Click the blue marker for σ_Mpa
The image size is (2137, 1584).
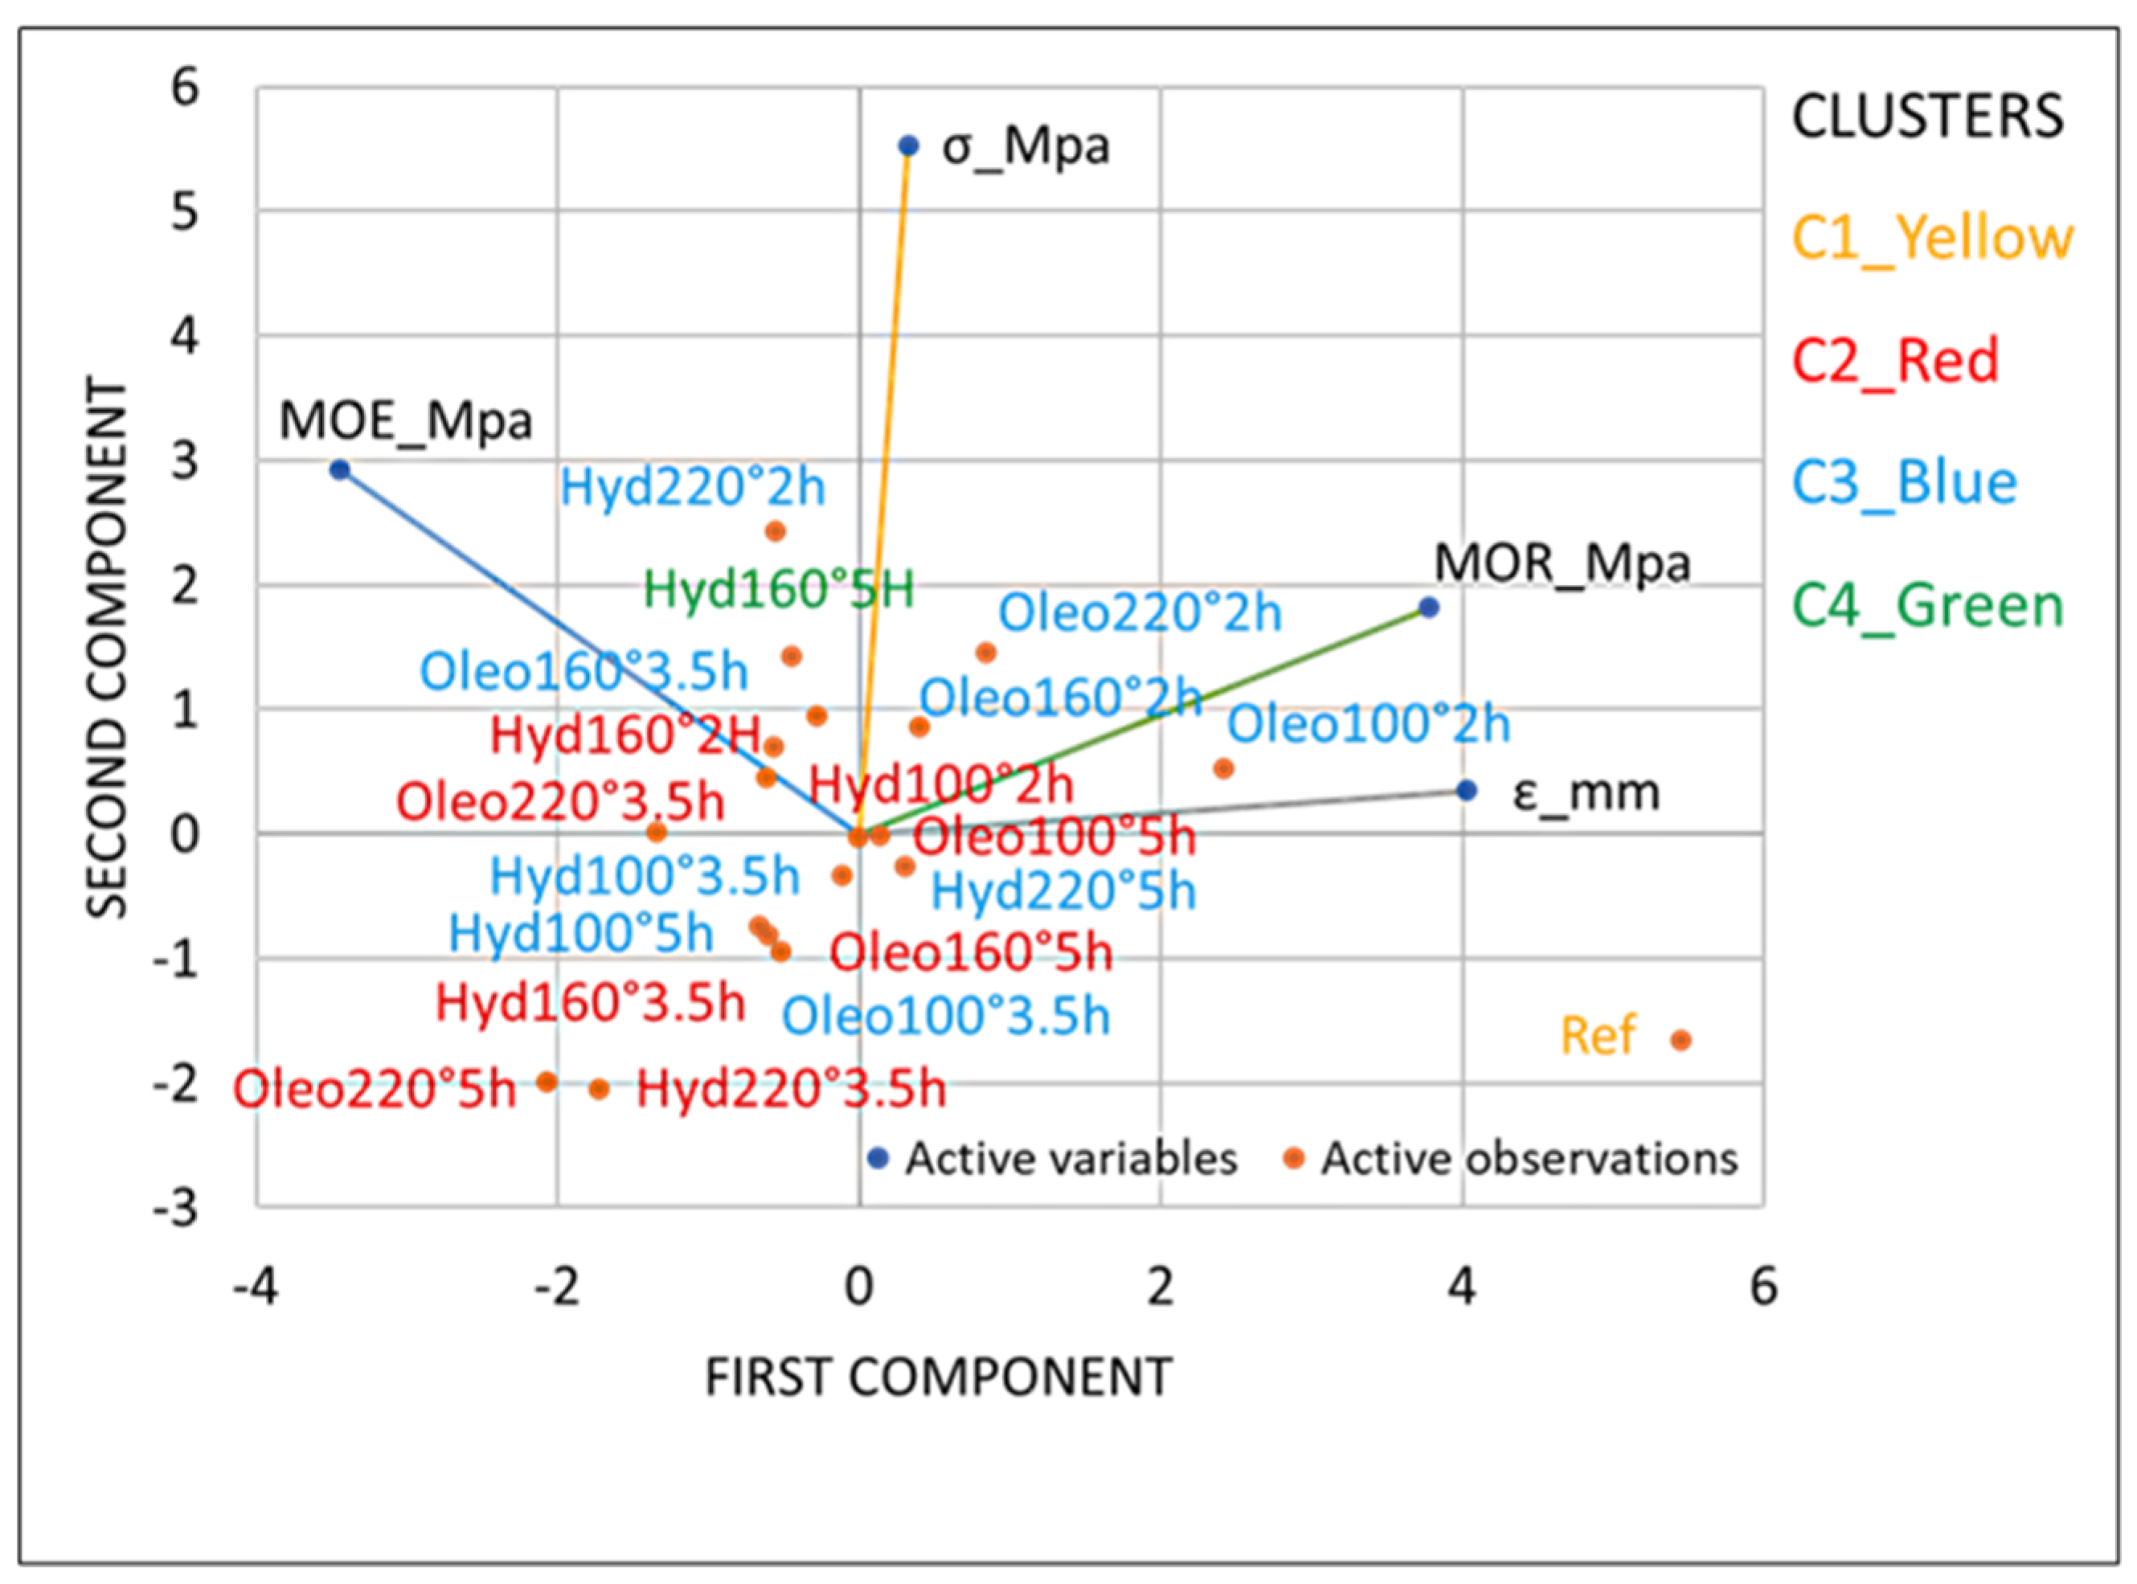click(908, 145)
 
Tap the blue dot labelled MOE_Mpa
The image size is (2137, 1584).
click(339, 470)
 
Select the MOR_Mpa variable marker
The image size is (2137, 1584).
click(1428, 607)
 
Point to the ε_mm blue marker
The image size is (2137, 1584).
click(1466, 790)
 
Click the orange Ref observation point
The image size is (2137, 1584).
click(1681, 1039)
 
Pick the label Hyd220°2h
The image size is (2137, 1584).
click(692, 487)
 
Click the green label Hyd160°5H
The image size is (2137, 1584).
click(779, 589)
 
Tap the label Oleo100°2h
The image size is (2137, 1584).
click(1368, 724)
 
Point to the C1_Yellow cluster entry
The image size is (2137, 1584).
click(1932, 238)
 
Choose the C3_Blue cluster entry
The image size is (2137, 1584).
click(1904, 482)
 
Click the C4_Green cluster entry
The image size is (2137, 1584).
click(1927, 605)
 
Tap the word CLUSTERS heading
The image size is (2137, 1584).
click(1927, 116)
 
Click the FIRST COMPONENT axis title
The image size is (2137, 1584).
click(939, 1377)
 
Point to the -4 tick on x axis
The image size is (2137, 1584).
click(255, 1286)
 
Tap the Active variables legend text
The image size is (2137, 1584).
click(1071, 1159)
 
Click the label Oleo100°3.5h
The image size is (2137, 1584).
click(945, 1015)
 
